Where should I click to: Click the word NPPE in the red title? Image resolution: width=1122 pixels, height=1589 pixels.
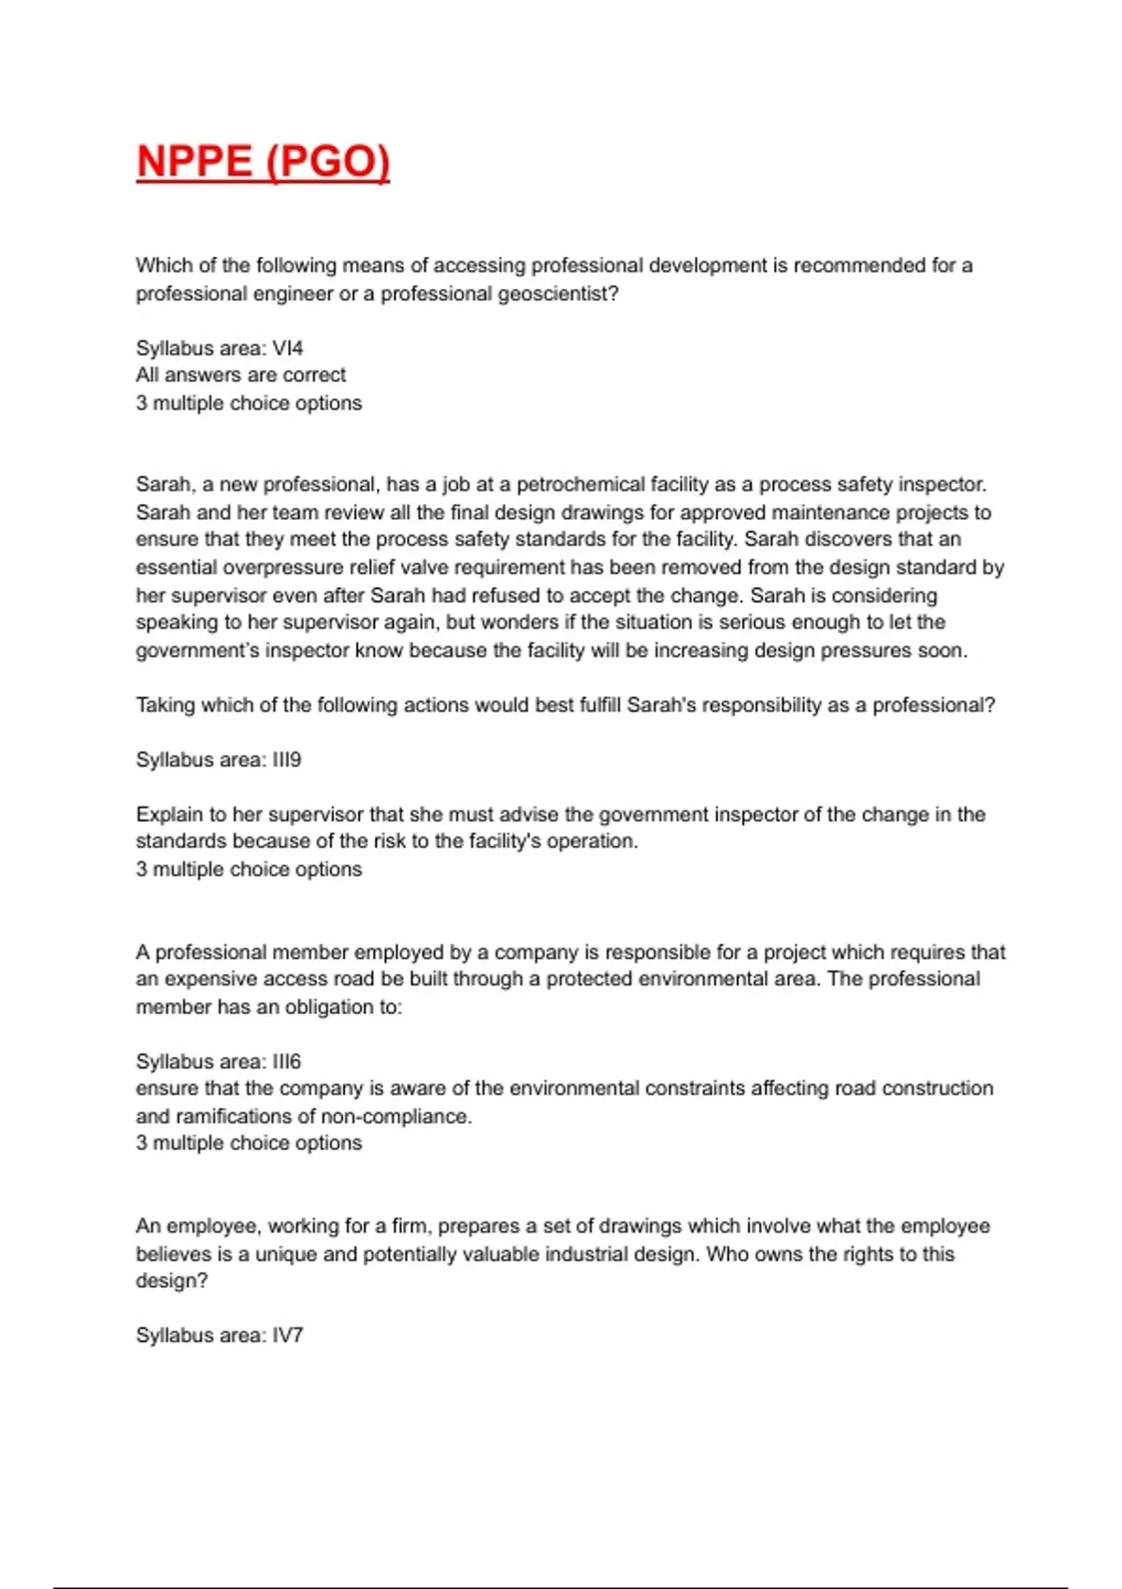pos(194,161)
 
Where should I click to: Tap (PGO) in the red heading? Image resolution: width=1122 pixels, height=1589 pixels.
pos(327,161)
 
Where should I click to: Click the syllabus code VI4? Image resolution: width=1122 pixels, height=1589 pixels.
pos(288,348)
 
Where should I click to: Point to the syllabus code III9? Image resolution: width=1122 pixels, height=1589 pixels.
pos(287,760)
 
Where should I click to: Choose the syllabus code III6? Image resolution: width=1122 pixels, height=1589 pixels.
pos(287,1062)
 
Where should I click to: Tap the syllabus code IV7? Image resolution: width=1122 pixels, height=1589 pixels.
pos(288,1336)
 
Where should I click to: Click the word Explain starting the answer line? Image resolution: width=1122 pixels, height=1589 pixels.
pos(167,814)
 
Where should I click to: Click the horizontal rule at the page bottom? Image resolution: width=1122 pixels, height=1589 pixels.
pos(561,1587)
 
